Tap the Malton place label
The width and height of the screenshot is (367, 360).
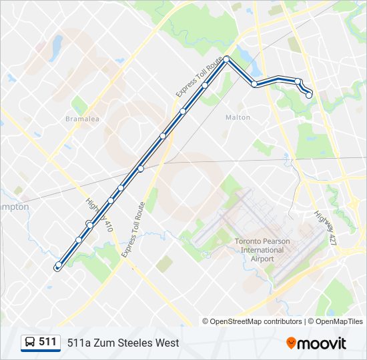(238, 117)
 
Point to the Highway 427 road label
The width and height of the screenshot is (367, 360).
(325, 227)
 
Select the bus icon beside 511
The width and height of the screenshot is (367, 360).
(30, 343)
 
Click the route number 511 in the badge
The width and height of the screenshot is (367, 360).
(48, 342)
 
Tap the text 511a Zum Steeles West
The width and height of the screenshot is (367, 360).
(123, 343)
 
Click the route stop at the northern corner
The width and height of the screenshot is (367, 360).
(227, 59)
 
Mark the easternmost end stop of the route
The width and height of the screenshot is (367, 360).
(309, 95)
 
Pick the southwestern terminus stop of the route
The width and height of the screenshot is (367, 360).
(58, 265)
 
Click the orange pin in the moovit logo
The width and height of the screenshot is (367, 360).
(291, 343)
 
